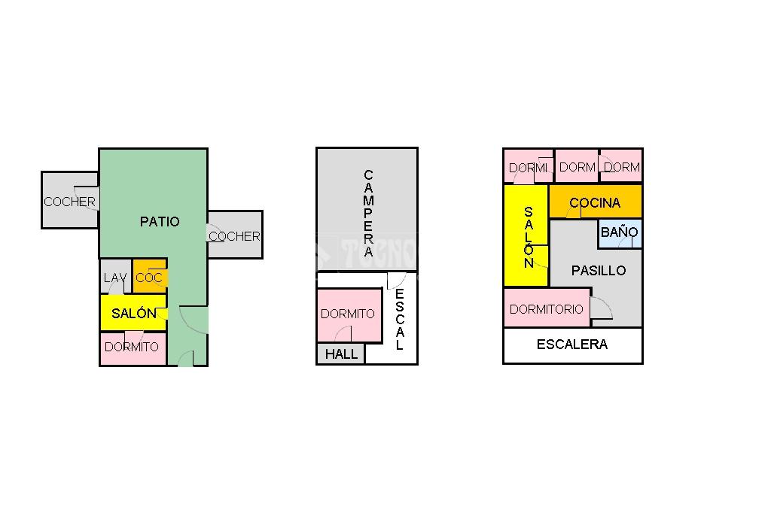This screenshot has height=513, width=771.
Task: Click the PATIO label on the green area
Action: tap(160, 222)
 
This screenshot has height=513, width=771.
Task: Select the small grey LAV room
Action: tap(115, 278)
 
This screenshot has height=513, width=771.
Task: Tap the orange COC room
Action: tap(149, 278)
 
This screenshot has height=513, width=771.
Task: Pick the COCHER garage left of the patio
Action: tap(69, 201)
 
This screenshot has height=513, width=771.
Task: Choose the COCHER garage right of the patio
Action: tap(234, 235)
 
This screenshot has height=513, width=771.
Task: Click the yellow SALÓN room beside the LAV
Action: tap(133, 313)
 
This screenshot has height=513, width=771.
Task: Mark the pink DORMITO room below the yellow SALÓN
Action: tap(132, 347)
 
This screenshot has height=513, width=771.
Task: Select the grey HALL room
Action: tap(341, 354)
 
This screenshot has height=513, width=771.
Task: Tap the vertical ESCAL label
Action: tap(399, 319)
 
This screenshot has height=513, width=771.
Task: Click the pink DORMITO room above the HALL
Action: tap(348, 314)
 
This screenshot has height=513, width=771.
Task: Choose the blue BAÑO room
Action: tap(620, 232)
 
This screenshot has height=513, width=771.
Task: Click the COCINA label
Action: tap(595, 202)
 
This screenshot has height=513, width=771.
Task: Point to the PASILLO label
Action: tap(598, 270)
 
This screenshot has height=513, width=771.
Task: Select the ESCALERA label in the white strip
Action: tap(572, 345)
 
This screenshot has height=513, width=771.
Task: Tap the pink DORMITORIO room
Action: tap(547, 309)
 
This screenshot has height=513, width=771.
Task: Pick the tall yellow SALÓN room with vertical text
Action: tap(526, 236)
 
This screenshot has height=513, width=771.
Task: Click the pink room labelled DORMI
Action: tap(528, 167)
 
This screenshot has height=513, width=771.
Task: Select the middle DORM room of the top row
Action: tap(577, 167)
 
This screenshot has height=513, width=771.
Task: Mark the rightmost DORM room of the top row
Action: tap(622, 167)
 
